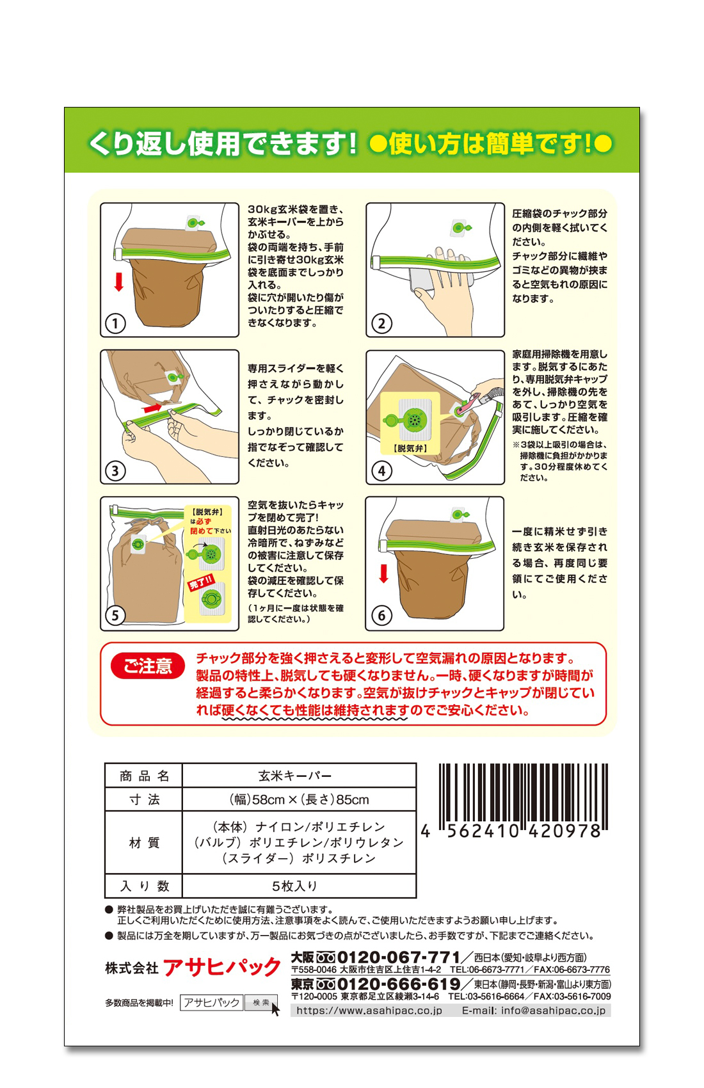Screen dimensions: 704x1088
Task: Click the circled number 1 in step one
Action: click(x=115, y=323)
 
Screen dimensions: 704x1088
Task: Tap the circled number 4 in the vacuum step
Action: click(x=381, y=470)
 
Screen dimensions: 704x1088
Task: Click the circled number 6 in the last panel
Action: click(x=381, y=616)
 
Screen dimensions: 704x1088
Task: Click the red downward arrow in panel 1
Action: click(x=118, y=282)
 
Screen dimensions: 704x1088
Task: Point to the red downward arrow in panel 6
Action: click(x=383, y=573)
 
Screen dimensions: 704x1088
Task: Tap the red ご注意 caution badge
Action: click(x=148, y=666)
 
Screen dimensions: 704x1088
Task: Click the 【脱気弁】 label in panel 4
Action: click(x=410, y=448)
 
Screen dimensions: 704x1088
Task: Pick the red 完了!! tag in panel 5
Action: click(x=201, y=582)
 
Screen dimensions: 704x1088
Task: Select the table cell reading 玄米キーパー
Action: click(x=295, y=776)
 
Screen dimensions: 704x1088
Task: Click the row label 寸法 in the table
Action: click(x=144, y=799)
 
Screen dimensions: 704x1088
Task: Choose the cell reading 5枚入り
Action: click(x=295, y=886)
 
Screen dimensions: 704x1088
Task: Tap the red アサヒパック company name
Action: click(x=221, y=968)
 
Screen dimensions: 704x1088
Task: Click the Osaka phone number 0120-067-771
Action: click(x=398, y=957)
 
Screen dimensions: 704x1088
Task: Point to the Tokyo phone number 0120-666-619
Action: click(x=398, y=984)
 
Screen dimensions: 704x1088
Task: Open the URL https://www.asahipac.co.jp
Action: click(x=369, y=1011)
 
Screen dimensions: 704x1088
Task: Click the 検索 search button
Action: click(x=261, y=1002)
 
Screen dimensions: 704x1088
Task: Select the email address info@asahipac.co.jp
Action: click(x=553, y=1011)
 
